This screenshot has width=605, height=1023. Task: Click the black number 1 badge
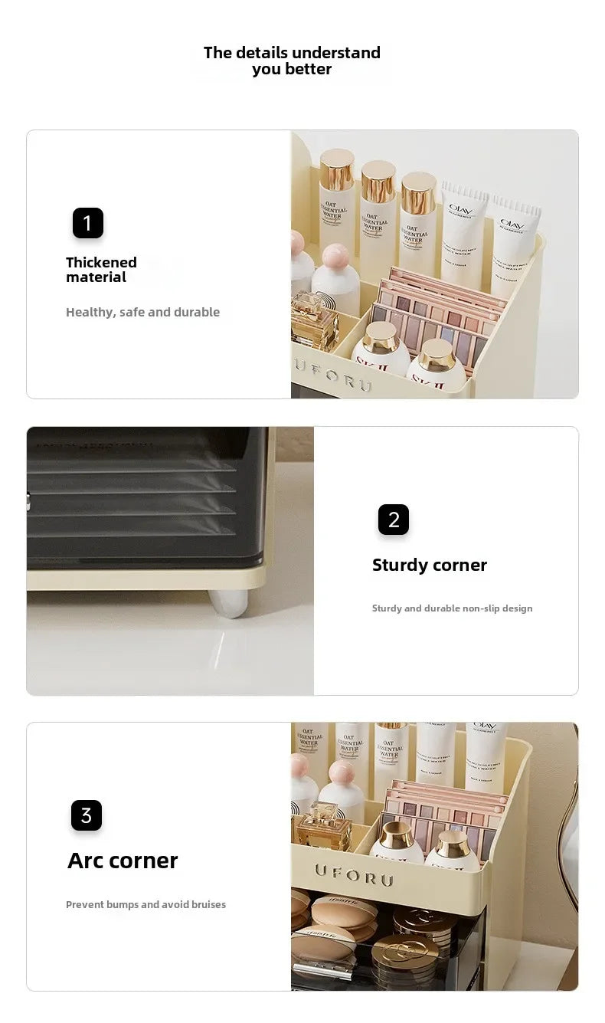pos(87,223)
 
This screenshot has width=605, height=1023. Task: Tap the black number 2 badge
pos(394,520)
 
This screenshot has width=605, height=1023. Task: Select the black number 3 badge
pos(87,815)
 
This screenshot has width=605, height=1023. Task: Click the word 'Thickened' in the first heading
pos(101,262)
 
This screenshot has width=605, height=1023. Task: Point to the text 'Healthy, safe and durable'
pos(142,312)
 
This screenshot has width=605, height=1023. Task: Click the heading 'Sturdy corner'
pos(429,565)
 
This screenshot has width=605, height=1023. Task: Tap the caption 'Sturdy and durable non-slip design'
pos(452,608)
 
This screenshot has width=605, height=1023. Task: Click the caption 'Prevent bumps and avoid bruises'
pos(146,904)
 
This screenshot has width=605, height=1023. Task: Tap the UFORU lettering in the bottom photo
pos(353,874)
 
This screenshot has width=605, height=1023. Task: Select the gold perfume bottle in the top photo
pos(313,320)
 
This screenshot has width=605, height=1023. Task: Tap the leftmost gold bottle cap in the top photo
pos(337,170)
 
